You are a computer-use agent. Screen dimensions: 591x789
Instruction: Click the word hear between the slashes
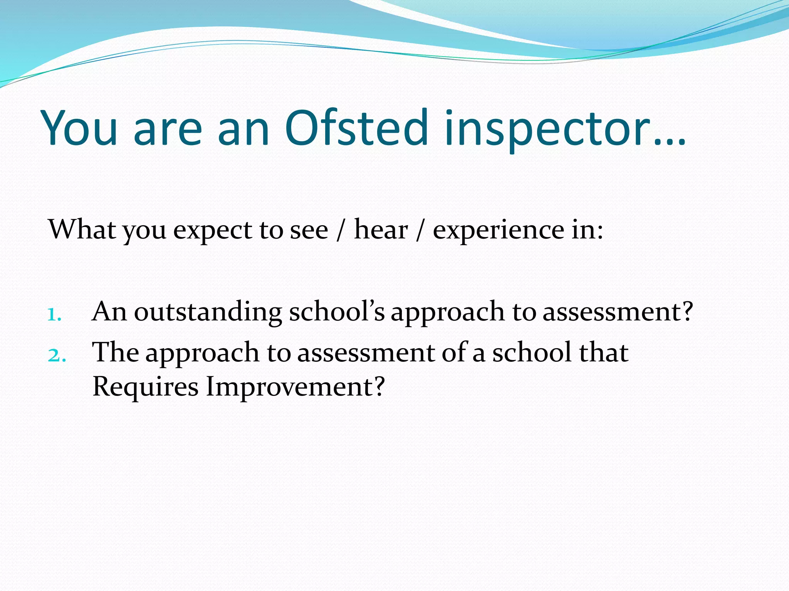pyautogui.click(x=380, y=229)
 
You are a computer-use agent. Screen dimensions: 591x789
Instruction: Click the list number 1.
pyautogui.click(x=54, y=315)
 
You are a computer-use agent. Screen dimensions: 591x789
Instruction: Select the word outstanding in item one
pyautogui.click(x=208, y=312)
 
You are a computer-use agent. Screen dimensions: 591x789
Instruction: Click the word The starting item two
pyautogui.click(x=115, y=352)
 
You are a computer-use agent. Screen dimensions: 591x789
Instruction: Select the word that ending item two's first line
pyautogui.click(x=603, y=352)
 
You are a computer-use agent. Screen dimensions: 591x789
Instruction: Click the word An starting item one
pyautogui.click(x=109, y=311)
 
